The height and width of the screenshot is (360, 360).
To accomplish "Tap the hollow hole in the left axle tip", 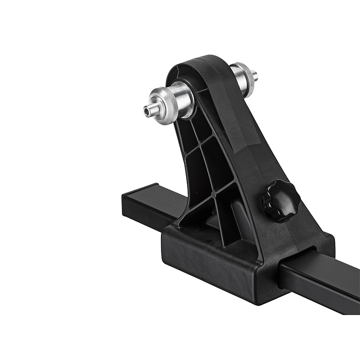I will pyautogui.click(x=146, y=111).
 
